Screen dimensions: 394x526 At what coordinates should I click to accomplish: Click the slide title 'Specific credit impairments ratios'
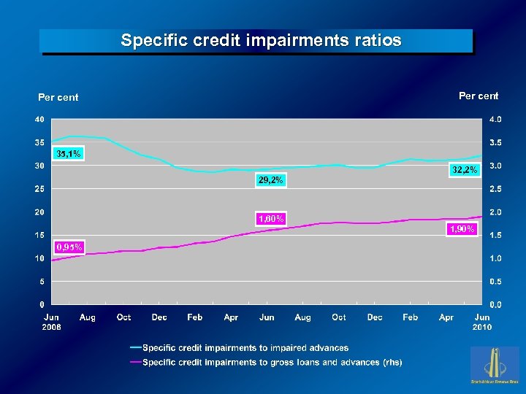click(261, 41)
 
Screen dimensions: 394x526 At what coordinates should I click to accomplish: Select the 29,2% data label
click(270, 180)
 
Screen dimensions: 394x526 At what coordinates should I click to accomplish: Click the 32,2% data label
click(464, 170)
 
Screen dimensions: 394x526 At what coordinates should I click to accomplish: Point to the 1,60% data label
click(270, 218)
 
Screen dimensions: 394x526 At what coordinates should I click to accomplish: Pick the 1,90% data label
click(462, 229)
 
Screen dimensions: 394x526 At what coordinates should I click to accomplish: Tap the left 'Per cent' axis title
click(58, 97)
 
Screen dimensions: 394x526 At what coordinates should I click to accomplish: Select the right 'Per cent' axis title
click(478, 96)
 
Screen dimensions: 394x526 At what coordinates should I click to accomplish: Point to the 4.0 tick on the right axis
click(495, 119)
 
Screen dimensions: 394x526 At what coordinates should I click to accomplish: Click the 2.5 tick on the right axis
click(495, 189)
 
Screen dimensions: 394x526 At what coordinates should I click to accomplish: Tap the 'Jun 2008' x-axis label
click(52, 322)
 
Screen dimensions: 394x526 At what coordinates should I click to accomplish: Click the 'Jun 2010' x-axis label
click(482, 322)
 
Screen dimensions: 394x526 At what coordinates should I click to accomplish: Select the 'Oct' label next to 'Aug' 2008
click(123, 317)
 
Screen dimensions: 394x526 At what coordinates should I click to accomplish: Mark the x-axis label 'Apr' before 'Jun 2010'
click(446, 317)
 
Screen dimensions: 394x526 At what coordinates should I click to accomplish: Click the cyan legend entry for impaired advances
click(245, 348)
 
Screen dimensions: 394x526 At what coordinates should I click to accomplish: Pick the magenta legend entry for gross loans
click(272, 362)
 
